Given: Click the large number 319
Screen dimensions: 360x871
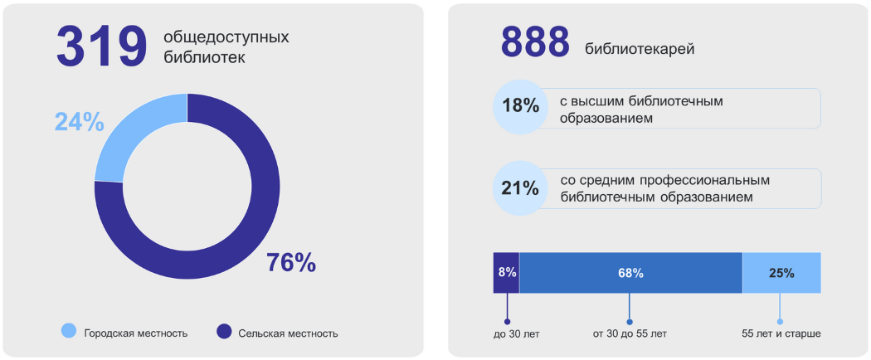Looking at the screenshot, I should pyautogui.click(x=101, y=46).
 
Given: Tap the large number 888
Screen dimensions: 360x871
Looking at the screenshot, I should pyautogui.click(x=535, y=42).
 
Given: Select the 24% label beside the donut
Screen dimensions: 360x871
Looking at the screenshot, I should pyautogui.click(x=79, y=122).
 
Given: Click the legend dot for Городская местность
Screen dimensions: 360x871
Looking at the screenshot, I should pyautogui.click(x=69, y=332).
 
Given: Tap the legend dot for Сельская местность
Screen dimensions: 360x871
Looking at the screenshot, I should pyautogui.click(x=223, y=332).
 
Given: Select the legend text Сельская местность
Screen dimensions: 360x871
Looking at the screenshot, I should pyautogui.click(x=288, y=333).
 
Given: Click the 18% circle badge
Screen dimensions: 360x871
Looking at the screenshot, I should pyautogui.click(x=520, y=107).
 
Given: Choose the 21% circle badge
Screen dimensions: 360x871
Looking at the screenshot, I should pyautogui.click(x=520, y=188).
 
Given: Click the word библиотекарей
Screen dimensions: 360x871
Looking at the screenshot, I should pyautogui.click(x=640, y=49).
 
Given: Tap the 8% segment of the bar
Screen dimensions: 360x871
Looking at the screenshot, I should pyautogui.click(x=507, y=273).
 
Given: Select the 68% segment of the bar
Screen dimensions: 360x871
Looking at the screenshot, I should pyautogui.click(x=630, y=273).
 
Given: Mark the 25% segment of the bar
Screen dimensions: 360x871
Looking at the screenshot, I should pyautogui.click(x=781, y=273).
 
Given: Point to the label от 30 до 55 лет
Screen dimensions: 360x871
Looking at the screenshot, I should pyautogui.click(x=629, y=334).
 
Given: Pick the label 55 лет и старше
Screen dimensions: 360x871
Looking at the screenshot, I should pyautogui.click(x=781, y=334).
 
